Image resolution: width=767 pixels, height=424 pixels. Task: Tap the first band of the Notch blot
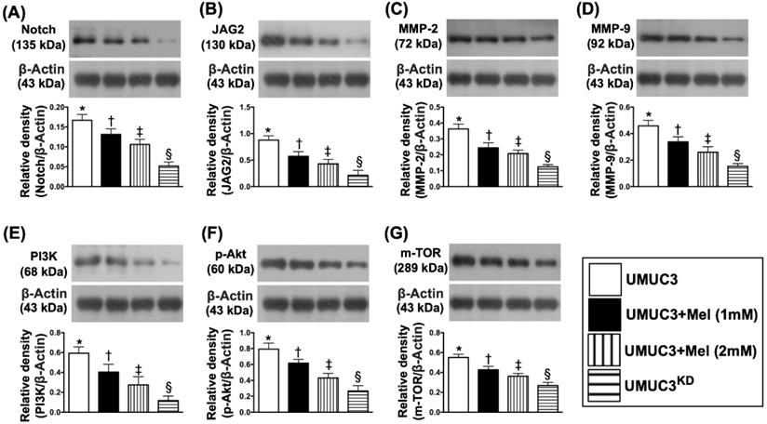tap(84, 40)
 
